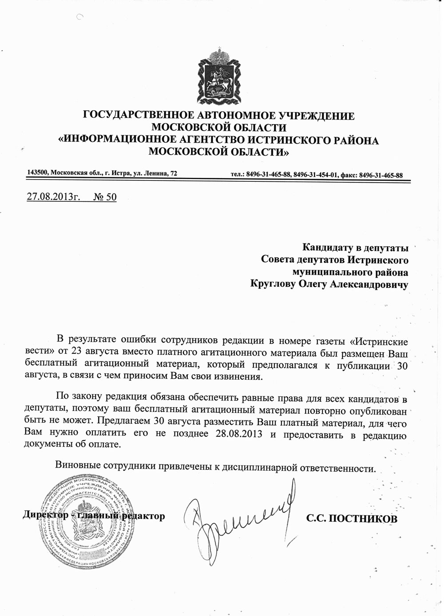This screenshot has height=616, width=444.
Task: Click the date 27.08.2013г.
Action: click(x=54, y=196)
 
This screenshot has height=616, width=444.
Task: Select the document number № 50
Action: click(x=105, y=196)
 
